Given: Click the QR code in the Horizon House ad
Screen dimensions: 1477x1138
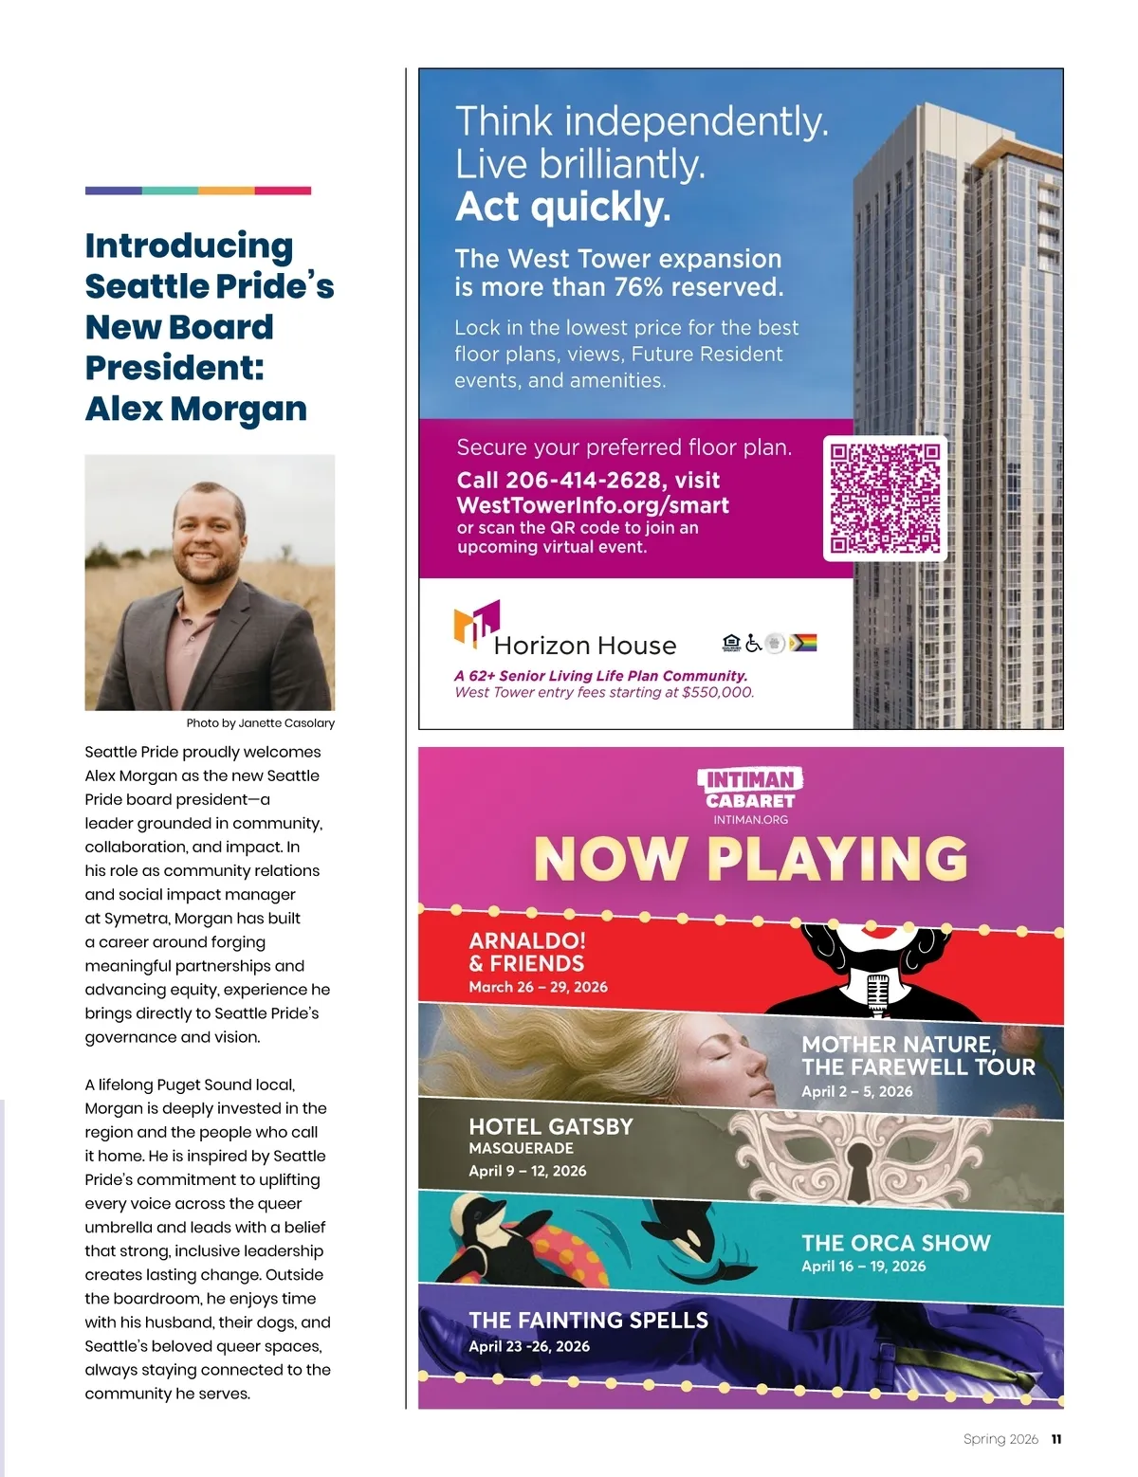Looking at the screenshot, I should pos(886,498).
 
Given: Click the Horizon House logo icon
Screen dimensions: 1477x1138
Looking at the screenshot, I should pos(476,624).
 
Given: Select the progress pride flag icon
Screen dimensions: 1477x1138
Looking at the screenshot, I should pos(803,643).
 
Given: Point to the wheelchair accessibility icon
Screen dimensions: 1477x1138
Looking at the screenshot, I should pos(754,643).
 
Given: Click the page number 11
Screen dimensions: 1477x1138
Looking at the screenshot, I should pos(1056,1439).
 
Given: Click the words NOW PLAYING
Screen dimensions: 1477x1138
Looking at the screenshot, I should pos(750,859).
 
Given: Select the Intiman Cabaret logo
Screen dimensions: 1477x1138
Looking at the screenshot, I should pos(750,790).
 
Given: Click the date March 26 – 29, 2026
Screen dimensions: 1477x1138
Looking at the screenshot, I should pos(538,987).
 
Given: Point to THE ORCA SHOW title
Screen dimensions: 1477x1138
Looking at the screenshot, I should pos(895,1243).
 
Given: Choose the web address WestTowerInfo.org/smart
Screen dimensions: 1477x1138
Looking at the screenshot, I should pos(593,505).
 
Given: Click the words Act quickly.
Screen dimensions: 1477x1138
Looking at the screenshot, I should pos(562,207).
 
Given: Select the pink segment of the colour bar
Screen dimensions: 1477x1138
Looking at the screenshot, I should pos(283,191).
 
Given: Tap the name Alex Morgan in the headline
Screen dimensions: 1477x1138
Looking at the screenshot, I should pos(195,409).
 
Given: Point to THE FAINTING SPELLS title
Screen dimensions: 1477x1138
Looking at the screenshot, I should pos(588,1320).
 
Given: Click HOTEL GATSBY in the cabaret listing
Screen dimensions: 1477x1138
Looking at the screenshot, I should pos(550,1126).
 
